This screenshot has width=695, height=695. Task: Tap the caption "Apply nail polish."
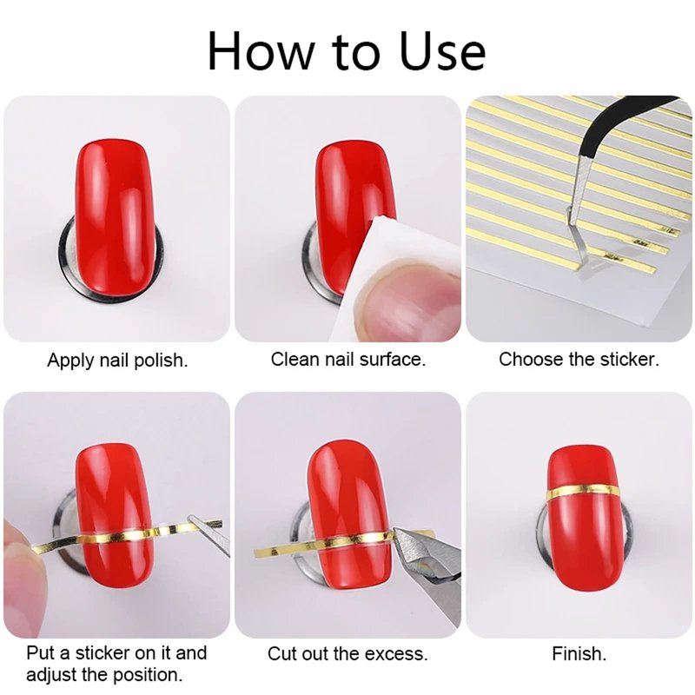117,361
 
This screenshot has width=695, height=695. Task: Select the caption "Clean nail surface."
348,359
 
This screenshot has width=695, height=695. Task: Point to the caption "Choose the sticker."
579,359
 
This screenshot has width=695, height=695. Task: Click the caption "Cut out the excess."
347,654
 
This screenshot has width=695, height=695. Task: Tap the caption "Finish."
579,654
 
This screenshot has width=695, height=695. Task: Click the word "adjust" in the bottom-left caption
52,675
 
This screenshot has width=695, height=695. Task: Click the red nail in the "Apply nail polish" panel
115,217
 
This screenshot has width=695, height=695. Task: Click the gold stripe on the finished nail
582,490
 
